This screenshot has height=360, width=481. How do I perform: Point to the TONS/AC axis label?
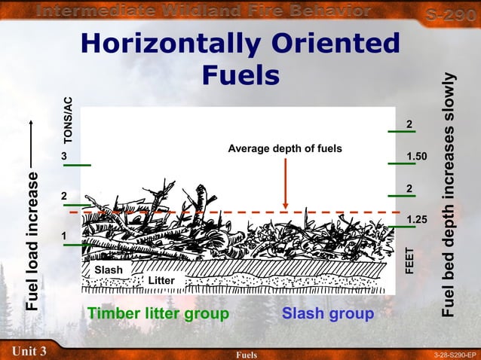[x=68, y=120]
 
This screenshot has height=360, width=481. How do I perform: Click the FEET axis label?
[x=410, y=261]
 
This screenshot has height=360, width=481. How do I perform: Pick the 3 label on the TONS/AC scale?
[x=65, y=156]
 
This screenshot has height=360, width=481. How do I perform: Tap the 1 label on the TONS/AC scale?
[x=65, y=236]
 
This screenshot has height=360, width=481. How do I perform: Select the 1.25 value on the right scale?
[x=417, y=219]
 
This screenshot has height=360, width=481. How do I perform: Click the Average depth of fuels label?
[x=285, y=148]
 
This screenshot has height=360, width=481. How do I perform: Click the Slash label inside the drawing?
[x=109, y=270]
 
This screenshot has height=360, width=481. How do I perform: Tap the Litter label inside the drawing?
[x=161, y=281]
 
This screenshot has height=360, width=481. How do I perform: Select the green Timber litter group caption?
[x=158, y=313]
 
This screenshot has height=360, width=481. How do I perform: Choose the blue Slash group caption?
[x=328, y=313]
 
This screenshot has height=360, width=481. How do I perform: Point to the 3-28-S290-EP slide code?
[x=455, y=354]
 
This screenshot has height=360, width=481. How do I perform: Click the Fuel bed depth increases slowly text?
[x=450, y=194]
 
